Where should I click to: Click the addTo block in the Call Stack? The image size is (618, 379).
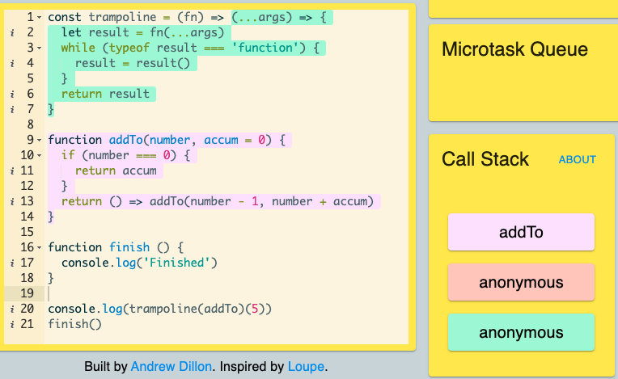pos(521,232)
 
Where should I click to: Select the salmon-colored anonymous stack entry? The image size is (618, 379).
pos(521,282)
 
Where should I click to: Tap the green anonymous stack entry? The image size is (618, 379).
pos(521,332)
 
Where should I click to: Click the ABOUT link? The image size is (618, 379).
pos(577,159)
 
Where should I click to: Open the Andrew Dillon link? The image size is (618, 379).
pos(171,366)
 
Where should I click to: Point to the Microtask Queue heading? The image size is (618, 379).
pos(514,49)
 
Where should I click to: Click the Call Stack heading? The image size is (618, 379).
pos(485,159)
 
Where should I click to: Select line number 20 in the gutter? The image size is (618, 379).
pos(27,309)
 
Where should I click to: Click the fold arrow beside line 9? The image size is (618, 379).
pos(39,140)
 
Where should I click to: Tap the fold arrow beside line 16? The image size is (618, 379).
pos(39,247)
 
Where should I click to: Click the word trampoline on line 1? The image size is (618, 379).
pos(122,17)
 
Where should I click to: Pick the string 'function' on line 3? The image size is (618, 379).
pos(265,48)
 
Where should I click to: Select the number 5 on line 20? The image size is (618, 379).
pos(255,309)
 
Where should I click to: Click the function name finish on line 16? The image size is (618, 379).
pos(129,247)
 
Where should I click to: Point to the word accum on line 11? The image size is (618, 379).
pos(139,171)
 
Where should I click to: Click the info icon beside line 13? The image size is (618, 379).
pos(12,201)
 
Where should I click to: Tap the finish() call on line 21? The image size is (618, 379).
pos(75,324)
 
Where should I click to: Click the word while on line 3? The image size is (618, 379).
pos(78,48)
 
